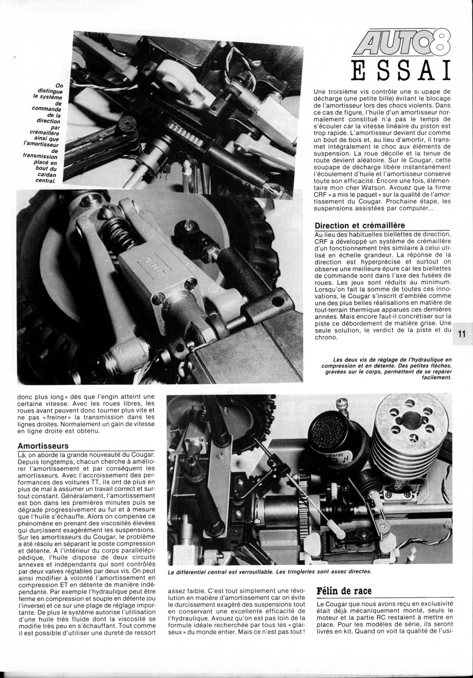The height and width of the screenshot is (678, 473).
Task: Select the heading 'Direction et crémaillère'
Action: point(359,226)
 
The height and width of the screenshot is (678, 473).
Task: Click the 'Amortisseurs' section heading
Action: point(43,446)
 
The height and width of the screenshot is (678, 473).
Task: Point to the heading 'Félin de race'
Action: point(344,591)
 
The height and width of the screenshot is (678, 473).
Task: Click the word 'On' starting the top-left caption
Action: point(59,85)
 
